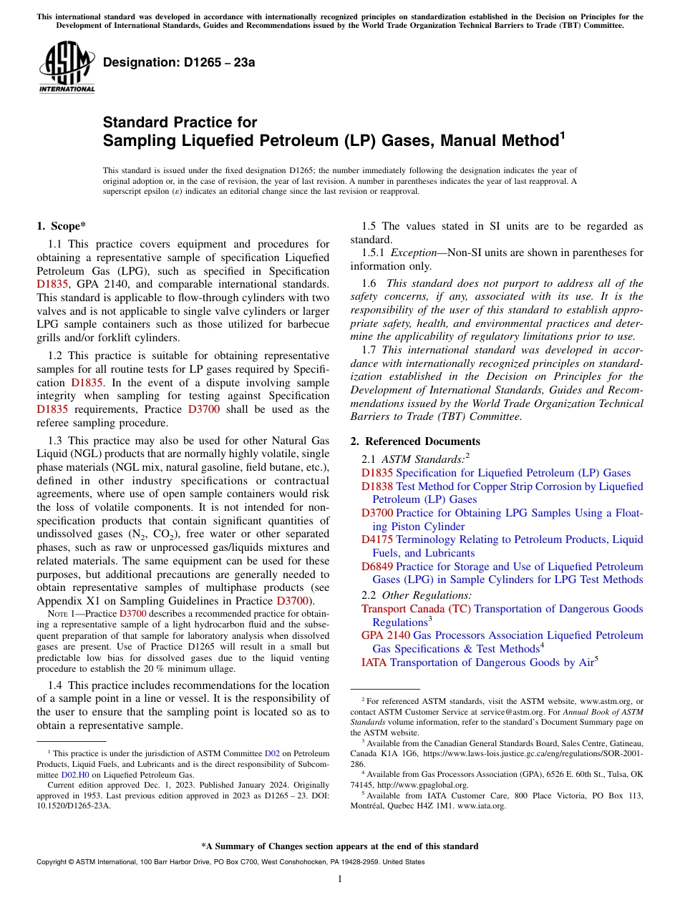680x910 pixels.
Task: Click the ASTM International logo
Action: pos(66,69)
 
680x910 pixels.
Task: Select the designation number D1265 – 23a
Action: pos(179,62)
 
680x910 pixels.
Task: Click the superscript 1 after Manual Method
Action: pos(562,134)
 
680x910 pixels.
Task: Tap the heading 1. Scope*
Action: pos(62,226)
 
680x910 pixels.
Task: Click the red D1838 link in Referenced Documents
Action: pos(377,486)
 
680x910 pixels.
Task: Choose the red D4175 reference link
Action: pos(377,539)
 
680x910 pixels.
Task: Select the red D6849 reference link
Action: pos(377,567)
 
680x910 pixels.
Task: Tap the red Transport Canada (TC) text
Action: pos(416,609)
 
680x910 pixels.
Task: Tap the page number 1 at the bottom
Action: pos(340,879)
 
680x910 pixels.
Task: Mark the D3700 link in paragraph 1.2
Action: pos(203,409)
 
